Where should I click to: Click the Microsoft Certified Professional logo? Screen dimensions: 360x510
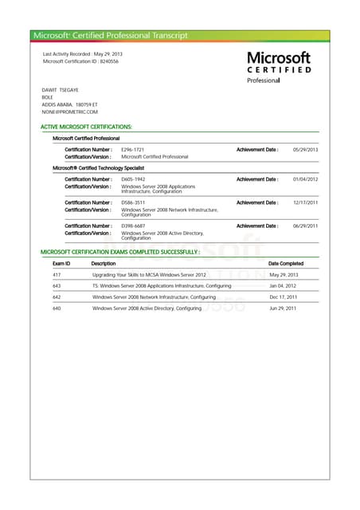tap(278, 67)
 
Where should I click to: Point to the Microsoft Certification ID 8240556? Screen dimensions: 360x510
tap(80, 61)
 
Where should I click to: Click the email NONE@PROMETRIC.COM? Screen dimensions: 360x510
tap(69, 112)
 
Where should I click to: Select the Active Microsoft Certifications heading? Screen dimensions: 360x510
tap(86, 127)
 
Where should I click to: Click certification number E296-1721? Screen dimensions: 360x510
tap(132, 150)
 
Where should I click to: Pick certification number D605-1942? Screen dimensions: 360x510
tap(133, 179)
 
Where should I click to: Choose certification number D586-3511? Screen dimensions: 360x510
tap(133, 202)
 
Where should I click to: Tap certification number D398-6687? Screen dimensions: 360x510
tap(133, 226)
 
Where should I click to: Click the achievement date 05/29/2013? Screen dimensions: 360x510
tap(305, 150)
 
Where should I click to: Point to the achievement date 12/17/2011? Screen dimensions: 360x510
tap(305, 202)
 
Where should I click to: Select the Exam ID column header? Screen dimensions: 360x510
tap(61, 263)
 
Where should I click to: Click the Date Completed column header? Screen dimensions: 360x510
tap(286, 263)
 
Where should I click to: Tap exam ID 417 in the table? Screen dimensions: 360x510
tap(57, 275)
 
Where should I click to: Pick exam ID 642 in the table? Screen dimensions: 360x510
tap(57, 296)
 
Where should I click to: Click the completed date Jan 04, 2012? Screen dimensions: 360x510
tap(283, 286)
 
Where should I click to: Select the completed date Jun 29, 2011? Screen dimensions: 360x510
tap(283, 308)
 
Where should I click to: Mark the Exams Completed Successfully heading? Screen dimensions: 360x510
tap(119, 251)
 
